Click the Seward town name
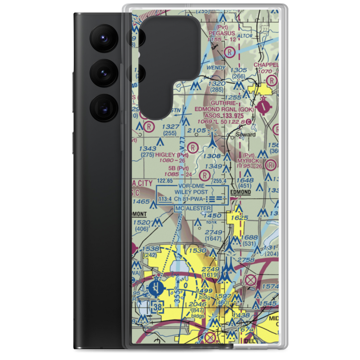coord(246,135)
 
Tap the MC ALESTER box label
coord(193,208)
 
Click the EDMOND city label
coord(240,193)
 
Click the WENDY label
coord(216,68)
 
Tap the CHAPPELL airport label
coord(266,65)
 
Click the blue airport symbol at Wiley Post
coord(156,288)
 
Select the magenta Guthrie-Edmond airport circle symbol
coord(266,106)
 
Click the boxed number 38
coord(157,307)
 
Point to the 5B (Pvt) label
coord(178,168)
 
